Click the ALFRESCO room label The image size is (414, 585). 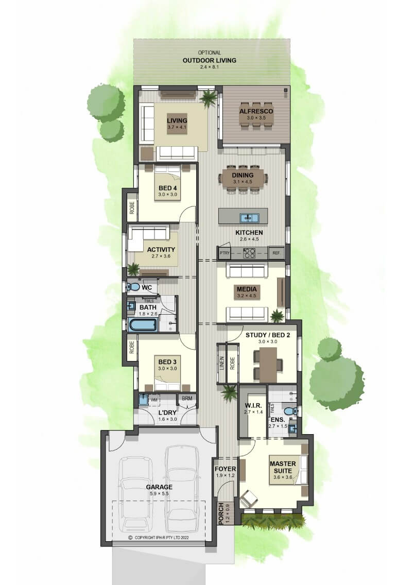[x=256, y=111]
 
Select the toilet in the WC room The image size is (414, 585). [x=133, y=287]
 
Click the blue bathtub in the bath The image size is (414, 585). [x=142, y=324]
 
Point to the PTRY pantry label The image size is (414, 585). [x=225, y=253]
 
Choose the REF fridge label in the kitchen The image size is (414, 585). [x=276, y=253]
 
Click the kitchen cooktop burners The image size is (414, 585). [x=249, y=253]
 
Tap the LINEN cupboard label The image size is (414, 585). [x=222, y=363]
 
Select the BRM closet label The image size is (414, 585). [x=187, y=399]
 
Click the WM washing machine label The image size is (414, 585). [x=154, y=400]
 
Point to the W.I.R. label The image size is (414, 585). [x=253, y=406]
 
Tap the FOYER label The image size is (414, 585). [x=225, y=469]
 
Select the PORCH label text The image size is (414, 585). [x=221, y=513]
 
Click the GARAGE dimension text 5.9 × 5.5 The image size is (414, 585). [x=159, y=493]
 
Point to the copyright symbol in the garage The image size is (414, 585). [x=130, y=538]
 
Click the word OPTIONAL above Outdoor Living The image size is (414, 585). [x=209, y=53]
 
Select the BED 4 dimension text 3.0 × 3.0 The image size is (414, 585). [x=167, y=194]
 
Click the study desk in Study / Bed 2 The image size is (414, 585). [x=268, y=365]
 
